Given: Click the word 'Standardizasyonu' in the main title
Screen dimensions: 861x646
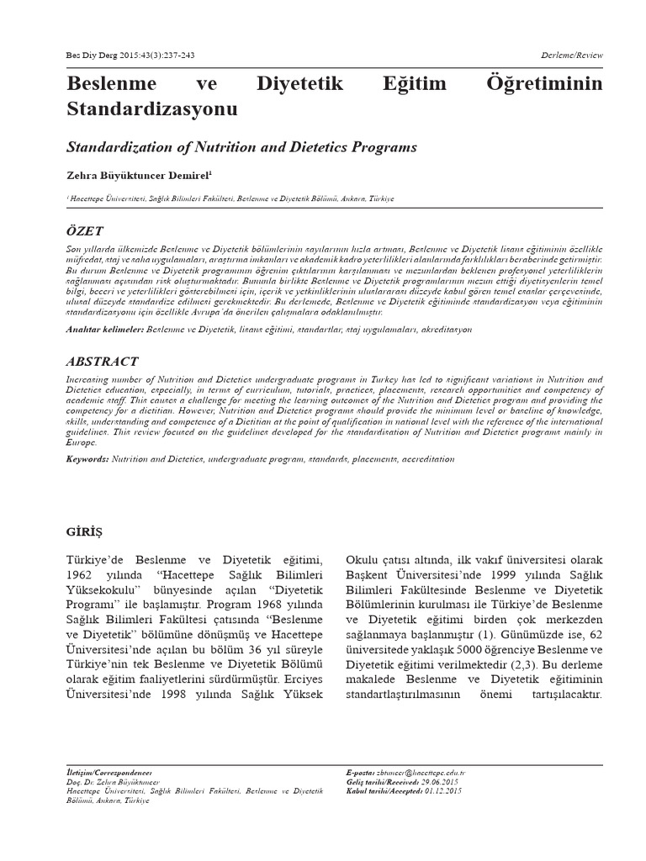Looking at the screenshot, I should pyautogui.click(x=151, y=109).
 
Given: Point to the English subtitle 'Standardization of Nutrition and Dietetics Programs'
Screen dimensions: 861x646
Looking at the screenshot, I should pyautogui.click(x=241, y=147).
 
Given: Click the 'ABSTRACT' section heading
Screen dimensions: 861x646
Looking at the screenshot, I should pyautogui.click(x=102, y=362).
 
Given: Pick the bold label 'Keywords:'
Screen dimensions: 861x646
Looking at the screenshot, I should pyautogui.click(x=87, y=459).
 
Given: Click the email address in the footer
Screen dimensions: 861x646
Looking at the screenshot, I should pyautogui.click(x=428, y=771).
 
